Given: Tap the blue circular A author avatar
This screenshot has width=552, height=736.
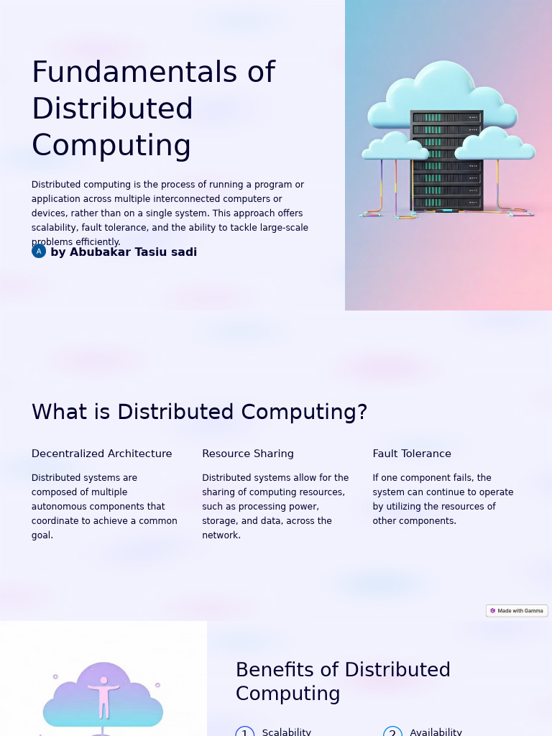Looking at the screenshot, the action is [x=39, y=252].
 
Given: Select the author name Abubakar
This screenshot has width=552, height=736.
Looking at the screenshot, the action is [x=101, y=252].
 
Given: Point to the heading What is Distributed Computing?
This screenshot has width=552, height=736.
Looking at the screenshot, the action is [x=199, y=412].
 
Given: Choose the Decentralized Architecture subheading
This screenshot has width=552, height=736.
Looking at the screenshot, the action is [x=101, y=454].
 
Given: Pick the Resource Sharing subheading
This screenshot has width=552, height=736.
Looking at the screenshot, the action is [x=247, y=454].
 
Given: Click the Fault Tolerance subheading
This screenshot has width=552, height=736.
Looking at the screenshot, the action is [x=411, y=454].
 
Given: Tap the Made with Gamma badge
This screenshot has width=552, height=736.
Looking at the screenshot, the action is [x=517, y=611].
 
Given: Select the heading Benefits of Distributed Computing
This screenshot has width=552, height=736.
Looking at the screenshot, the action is [x=343, y=681].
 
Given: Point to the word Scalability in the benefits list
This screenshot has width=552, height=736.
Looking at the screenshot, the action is [x=286, y=732].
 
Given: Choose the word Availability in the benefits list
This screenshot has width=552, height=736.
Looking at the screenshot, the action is [x=436, y=732].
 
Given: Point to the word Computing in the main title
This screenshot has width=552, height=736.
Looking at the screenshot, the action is [x=111, y=145].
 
